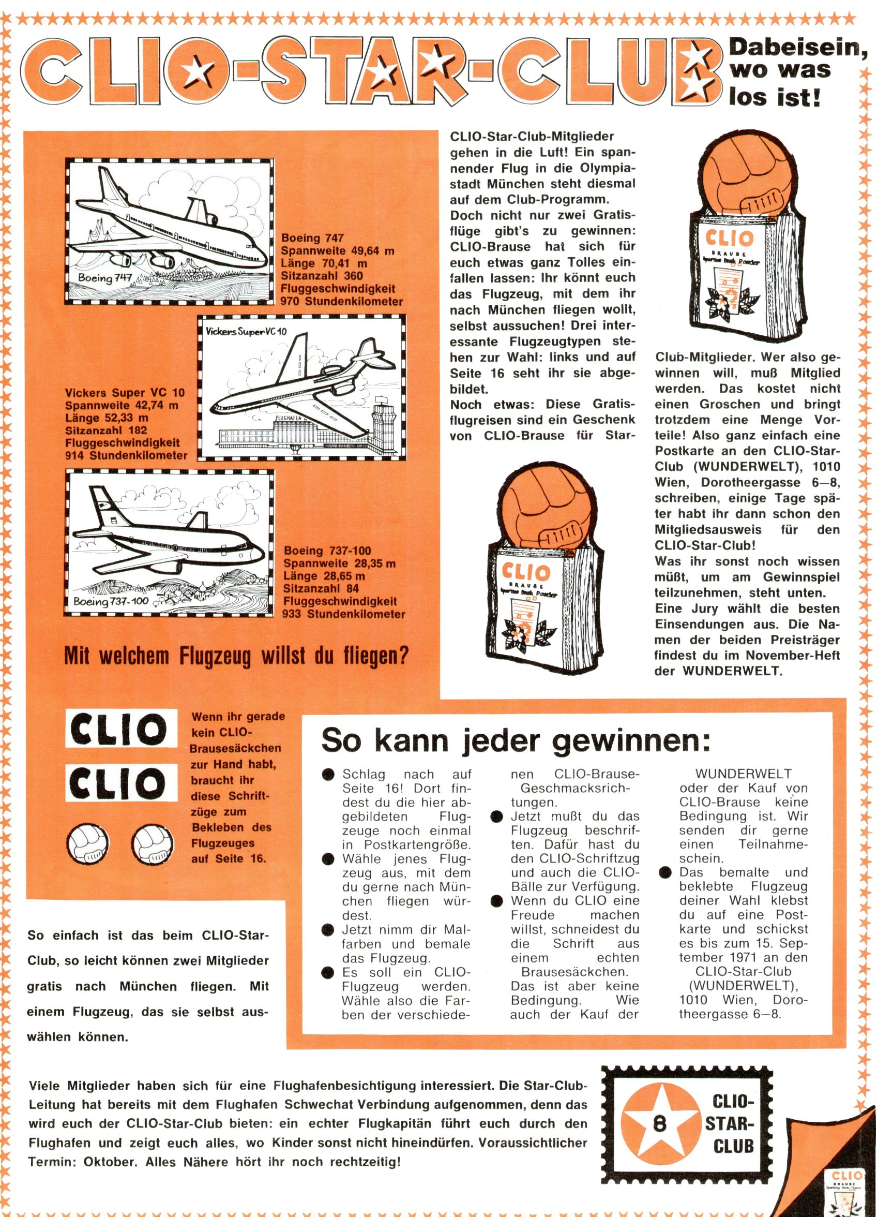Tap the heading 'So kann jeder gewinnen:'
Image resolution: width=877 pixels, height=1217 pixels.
(x=516, y=740)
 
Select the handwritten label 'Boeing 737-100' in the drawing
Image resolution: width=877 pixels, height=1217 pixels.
(x=111, y=601)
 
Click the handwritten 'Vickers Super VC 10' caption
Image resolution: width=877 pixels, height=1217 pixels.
(x=246, y=331)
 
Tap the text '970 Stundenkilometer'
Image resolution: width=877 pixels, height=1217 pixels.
(x=342, y=302)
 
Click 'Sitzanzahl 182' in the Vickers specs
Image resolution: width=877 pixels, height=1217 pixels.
(x=105, y=431)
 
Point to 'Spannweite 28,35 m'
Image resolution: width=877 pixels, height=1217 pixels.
(x=340, y=564)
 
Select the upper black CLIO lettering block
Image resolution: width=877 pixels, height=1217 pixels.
(x=120, y=728)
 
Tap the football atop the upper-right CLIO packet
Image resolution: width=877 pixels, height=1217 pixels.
(x=740, y=176)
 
